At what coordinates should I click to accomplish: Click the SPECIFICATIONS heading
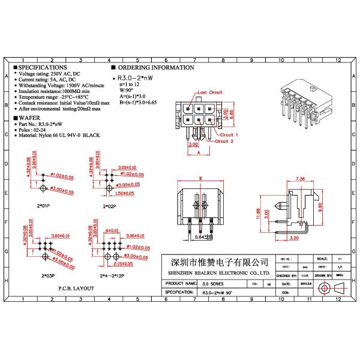tap(43, 68)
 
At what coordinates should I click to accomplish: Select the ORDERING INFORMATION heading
tap(144, 68)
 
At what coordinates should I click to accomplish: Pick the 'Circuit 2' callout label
tap(224, 142)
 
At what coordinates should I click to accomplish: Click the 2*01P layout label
tap(43, 206)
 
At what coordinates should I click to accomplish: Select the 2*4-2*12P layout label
tap(108, 277)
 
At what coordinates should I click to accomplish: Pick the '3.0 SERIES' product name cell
tap(210, 283)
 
